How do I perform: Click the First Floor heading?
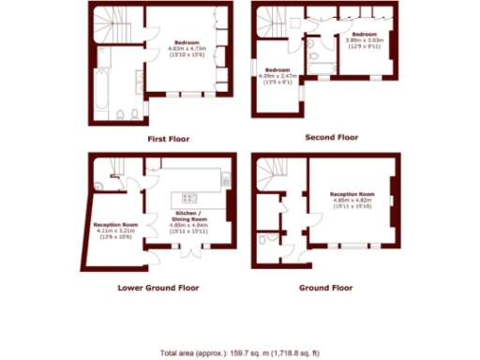(169, 139)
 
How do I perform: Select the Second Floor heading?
(332, 137)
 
